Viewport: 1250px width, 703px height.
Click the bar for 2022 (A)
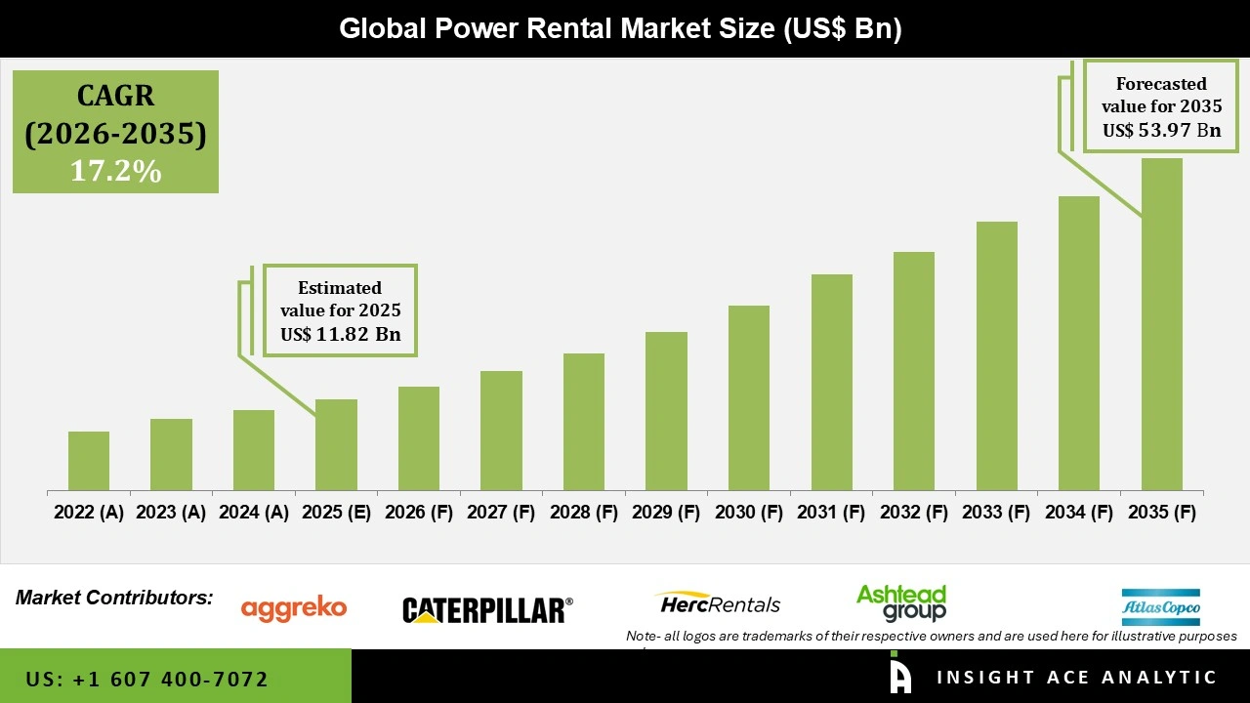[89, 461]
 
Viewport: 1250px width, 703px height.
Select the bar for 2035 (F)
[1161, 324]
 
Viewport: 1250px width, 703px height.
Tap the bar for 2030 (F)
[749, 397]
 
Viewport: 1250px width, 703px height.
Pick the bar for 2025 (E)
[336, 444]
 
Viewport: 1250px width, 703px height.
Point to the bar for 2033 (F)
[996, 355]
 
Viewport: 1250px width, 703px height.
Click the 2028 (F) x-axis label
[584, 513]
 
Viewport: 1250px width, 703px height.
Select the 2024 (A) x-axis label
[254, 513]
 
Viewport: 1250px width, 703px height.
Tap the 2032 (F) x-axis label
[914, 513]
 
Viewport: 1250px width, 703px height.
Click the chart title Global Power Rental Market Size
[620, 29]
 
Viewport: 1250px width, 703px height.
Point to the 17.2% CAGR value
[115, 171]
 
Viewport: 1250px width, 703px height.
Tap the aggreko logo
[294, 608]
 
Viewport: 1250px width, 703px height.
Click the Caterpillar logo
[487, 610]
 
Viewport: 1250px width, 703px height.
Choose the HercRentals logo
[718, 603]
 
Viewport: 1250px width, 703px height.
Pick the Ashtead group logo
[900, 602]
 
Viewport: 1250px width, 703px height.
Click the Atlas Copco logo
[1160, 607]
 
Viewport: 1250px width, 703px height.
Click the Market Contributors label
[114, 598]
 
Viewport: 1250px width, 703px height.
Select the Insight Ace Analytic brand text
[1076, 678]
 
